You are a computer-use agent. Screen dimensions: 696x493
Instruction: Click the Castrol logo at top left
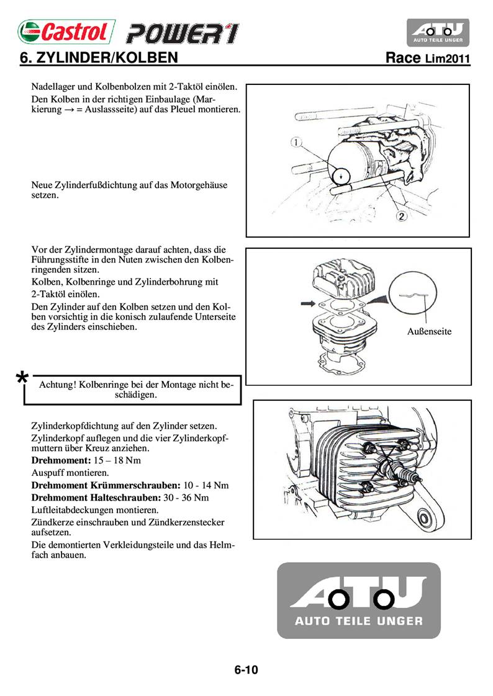pyautogui.click(x=66, y=32)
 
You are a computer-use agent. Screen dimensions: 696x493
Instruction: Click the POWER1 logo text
pyautogui.click(x=181, y=33)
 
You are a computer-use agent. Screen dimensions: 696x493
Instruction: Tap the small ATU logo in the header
pyautogui.click(x=438, y=32)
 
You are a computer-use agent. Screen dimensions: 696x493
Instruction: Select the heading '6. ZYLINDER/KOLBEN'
pyautogui.click(x=100, y=58)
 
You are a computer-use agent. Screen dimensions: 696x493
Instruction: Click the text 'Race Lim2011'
pyautogui.click(x=427, y=59)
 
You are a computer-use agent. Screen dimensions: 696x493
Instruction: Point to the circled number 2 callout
pyautogui.click(x=402, y=216)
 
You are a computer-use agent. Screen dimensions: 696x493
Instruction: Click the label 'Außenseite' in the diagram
pyautogui.click(x=429, y=331)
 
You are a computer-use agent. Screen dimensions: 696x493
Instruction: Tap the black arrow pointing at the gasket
pyautogui.click(x=307, y=303)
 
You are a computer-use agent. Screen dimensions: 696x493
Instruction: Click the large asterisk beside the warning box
pyautogui.click(x=22, y=378)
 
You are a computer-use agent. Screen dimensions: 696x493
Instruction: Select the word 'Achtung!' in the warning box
pyautogui.click(x=58, y=385)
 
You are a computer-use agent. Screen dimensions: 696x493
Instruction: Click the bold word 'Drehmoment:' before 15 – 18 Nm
pyautogui.click(x=61, y=461)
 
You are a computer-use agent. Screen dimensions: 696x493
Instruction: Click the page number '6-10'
pyautogui.click(x=246, y=669)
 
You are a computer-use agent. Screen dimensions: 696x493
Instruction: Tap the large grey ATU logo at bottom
pyautogui.click(x=358, y=600)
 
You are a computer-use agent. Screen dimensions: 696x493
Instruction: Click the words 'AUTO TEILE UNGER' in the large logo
pyautogui.click(x=358, y=621)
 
